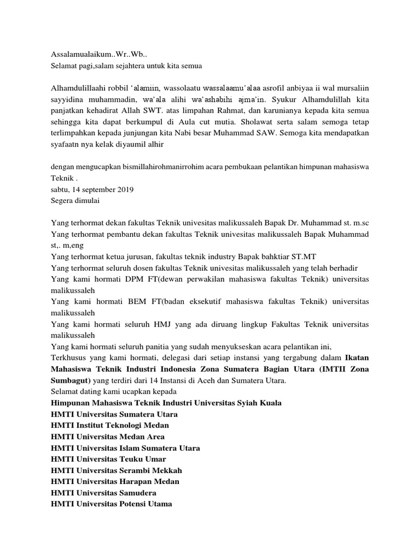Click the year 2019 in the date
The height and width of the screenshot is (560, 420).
point(122,189)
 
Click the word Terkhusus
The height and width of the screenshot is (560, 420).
point(68,358)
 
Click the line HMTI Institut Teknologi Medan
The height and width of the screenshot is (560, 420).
point(110,425)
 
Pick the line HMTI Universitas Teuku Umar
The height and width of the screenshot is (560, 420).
point(108,459)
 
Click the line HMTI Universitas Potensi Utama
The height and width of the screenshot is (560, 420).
point(111,504)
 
